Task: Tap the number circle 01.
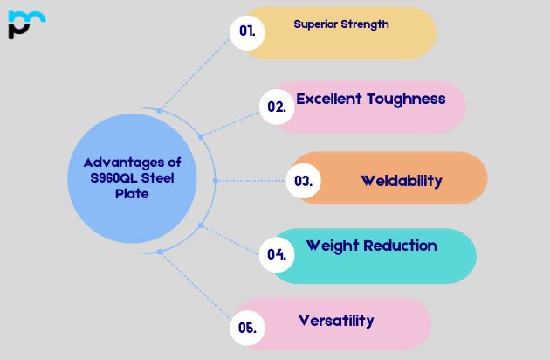247,31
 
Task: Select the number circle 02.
277,107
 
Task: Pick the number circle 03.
303,182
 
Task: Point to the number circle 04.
277,254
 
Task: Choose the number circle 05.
247,329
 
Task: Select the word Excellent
329,99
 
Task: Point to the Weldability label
402,181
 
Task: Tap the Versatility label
336,321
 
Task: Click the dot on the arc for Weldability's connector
215,181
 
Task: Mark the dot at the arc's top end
159,110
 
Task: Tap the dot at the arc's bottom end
159,252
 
